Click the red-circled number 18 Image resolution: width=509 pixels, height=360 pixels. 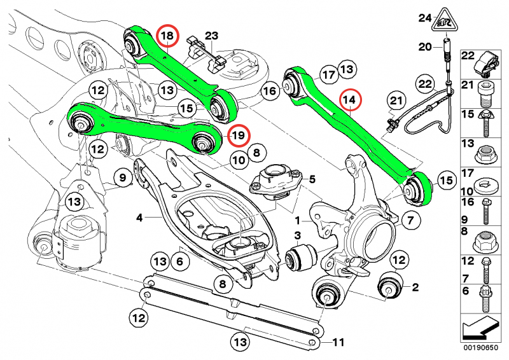point(167,38)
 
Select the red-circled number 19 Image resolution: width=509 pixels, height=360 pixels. point(237,135)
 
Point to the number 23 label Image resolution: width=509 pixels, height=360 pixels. point(211,34)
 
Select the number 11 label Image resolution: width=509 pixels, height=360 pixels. point(339,343)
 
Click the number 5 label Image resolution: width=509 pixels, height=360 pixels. point(312,179)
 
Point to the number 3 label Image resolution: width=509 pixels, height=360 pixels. point(296,237)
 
